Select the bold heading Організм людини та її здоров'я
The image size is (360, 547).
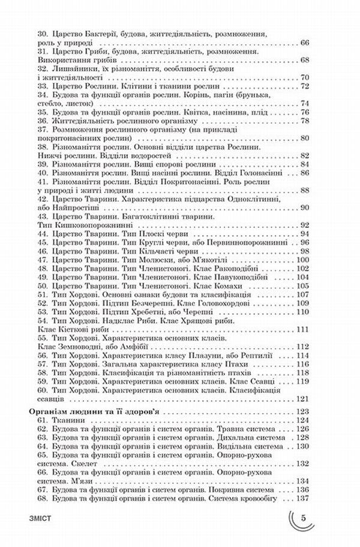click(x=99, y=412)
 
